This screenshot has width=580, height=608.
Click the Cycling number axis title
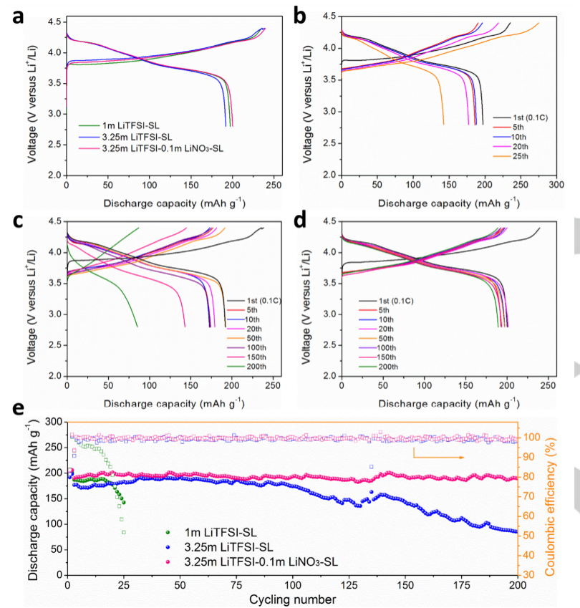(292, 599)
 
